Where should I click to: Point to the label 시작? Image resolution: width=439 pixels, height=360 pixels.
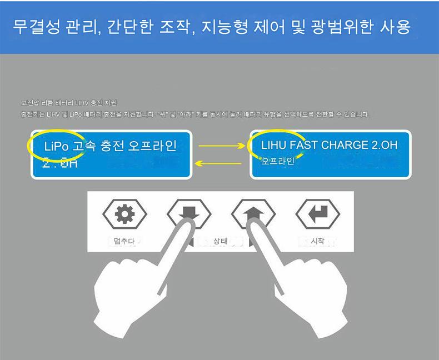coord(318,242)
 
